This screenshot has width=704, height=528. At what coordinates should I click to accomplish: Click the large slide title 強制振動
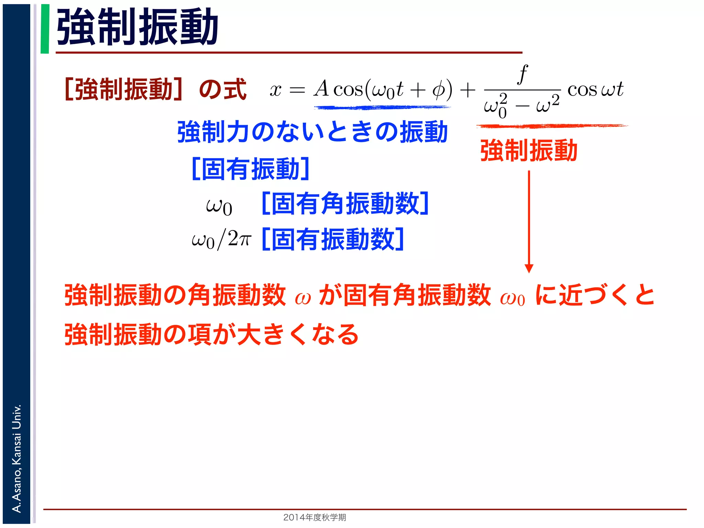(137, 27)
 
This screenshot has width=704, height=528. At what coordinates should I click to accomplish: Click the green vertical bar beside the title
(45, 29)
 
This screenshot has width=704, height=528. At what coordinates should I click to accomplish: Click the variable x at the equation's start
(275, 90)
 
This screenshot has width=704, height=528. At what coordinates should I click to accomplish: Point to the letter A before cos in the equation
(322, 89)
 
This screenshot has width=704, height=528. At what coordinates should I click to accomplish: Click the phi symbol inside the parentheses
(438, 90)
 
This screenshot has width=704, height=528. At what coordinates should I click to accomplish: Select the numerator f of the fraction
(522, 74)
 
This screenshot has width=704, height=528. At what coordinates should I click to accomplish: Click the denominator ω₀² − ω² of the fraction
(521, 106)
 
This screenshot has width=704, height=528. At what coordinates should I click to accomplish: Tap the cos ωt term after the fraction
(595, 90)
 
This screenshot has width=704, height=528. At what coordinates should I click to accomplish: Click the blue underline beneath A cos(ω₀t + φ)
(382, 108)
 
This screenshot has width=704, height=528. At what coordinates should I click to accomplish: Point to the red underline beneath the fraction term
(552, 126)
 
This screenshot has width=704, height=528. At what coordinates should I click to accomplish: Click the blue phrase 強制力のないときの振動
(312, 132)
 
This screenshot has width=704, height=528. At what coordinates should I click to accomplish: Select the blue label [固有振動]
(250, 169)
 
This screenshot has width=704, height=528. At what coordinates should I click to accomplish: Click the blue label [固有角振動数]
(345, 203)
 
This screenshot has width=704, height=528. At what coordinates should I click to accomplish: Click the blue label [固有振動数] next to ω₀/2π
(332, 239)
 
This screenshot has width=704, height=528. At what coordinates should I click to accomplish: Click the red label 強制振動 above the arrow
(528, 151)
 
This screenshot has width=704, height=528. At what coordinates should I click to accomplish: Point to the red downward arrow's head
(529, 268)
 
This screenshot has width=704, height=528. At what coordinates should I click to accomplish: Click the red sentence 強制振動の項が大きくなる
(211, 334)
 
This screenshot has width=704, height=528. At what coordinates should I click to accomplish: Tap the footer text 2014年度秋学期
(315, 517)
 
